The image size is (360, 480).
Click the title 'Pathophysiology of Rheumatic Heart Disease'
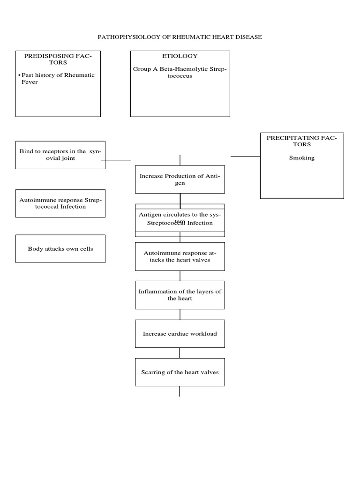coord(180,37)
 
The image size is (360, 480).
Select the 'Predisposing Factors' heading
coord(58,59)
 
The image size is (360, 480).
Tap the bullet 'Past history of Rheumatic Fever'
coord(58,78)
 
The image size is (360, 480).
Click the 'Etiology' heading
coord(180,56)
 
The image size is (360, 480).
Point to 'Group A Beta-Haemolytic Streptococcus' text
coord(180,72)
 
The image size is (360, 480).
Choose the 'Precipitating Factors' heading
coord(301,141)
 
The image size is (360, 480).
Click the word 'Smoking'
coord(301,158)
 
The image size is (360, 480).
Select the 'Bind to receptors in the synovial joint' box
coord(60,155)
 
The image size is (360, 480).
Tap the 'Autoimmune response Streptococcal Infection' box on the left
coord(60,203)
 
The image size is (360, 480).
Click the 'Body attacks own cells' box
coord(60,249)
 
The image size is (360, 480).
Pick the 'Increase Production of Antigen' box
coord(180,180)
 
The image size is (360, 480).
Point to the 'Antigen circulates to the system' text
coord(180,215)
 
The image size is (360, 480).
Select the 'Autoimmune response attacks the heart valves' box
coord(180,256)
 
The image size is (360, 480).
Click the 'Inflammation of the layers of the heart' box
coord(180,295)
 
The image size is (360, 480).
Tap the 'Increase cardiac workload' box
coord(180,334)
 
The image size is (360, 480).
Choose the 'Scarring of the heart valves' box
coord(180,372)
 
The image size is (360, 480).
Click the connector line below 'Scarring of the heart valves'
coord(180,391)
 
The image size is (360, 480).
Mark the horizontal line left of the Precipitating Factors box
coord(245,156)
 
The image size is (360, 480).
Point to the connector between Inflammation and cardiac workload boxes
coord(180,315)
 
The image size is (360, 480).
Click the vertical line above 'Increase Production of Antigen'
coord(180,160)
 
